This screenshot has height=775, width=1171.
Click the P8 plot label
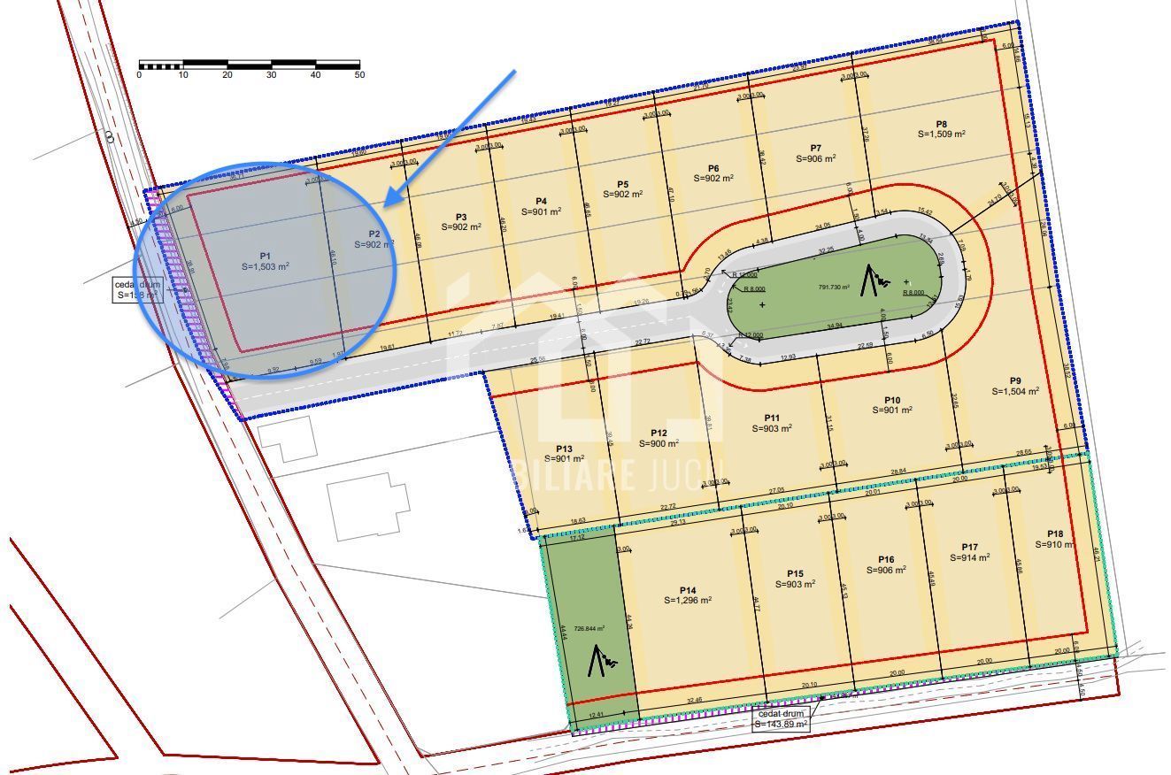point(942,125)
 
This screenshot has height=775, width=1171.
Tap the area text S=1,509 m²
point(942,134)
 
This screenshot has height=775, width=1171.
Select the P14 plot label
point(688,590)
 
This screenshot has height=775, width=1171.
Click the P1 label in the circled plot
point(265,256)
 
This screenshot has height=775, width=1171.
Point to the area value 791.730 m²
point(834,287)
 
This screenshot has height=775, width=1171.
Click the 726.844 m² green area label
point(589,628)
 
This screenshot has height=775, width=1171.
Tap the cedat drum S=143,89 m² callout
point(782,718)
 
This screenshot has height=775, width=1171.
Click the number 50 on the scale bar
point(359,75)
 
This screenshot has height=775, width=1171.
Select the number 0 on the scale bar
point(139,75)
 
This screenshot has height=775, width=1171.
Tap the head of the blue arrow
point(387,204)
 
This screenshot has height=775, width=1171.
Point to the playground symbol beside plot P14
point(602,659)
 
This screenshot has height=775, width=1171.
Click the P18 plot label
point(1054,533)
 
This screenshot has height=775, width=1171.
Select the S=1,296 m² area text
point(688,600)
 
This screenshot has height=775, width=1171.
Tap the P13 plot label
point(564,449)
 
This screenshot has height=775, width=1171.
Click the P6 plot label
point(713,168)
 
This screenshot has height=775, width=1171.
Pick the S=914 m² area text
point(970,557)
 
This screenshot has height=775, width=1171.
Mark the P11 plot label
point(772,418)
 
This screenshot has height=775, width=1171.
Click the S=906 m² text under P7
point(815,158)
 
